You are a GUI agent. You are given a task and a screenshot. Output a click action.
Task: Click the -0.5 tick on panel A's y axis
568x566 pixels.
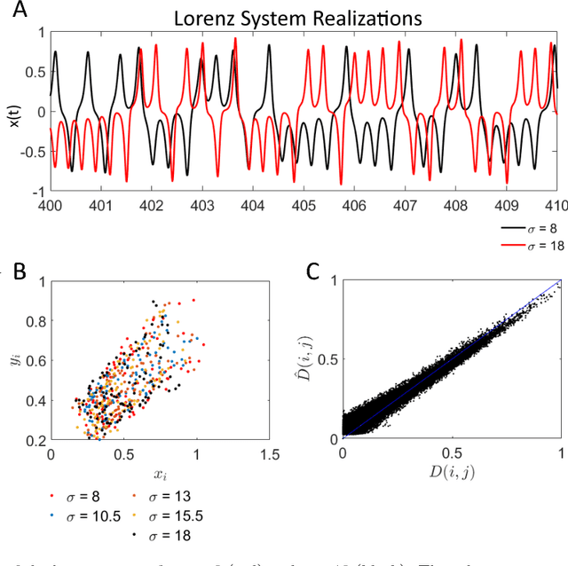(x=35, y=152)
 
